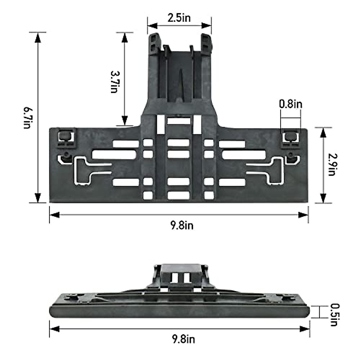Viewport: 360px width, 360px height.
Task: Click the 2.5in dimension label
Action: (179, 18)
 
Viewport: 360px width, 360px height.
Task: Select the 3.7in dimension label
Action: (114, 82)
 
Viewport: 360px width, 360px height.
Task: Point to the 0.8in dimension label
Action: (290, 104)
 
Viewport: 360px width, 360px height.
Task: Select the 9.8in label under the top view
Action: (182, 225)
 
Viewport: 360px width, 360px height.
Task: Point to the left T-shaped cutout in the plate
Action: (85, 169)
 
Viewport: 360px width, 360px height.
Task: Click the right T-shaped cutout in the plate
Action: (271, 169)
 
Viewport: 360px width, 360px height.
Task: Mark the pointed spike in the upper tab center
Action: (180, 84)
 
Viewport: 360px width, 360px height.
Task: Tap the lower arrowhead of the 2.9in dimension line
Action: (323, 199)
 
